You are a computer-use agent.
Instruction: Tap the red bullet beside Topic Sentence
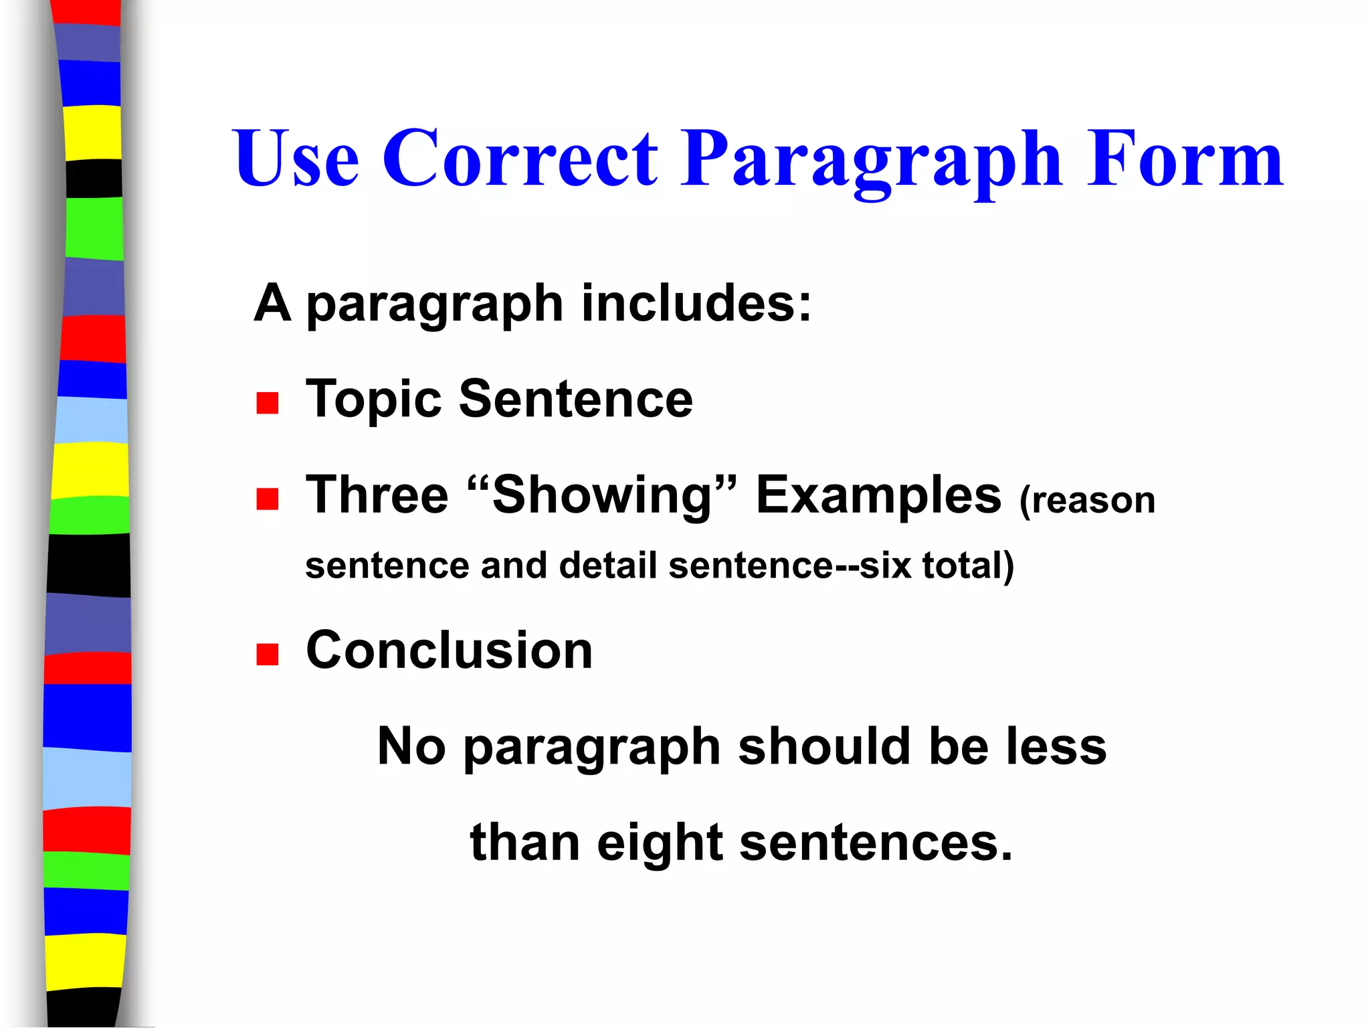coord(268,403)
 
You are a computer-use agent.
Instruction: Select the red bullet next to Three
coord(268,499)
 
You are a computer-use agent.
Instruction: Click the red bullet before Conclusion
coord(268,654)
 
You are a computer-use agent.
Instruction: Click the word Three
coord(377,495)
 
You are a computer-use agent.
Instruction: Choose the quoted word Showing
coord(602,496)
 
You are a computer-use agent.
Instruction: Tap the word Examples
coord(878,496)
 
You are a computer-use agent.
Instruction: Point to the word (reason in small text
coord(1087,500)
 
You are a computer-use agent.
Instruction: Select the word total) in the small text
coord(968,565)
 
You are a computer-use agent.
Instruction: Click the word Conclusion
coord(449,650)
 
